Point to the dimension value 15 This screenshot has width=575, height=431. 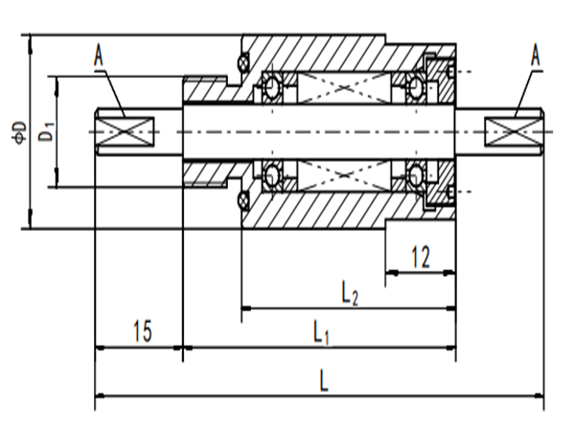tap(141, 332)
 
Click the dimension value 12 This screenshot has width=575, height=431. tap(419, 256)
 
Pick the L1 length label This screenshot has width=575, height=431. tap(321, 333)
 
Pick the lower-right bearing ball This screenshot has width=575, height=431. tap(415, 175)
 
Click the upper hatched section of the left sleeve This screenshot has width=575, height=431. tap(203, 90)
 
